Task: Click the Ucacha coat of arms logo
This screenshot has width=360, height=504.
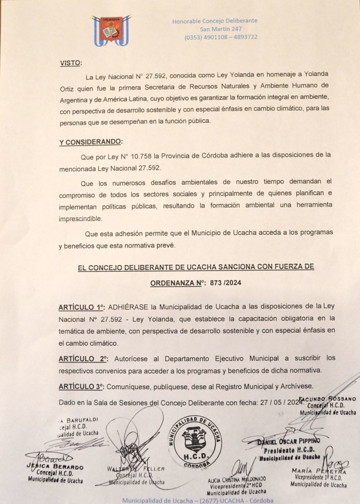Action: tap(111, 31)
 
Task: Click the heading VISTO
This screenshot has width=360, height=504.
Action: tap(70, 63)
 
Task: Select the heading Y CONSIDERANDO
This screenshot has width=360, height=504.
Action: tap(91, 142)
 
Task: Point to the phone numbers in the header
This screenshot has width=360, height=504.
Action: tap(220, 37)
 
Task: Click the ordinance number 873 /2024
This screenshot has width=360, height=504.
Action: tap(226, 283)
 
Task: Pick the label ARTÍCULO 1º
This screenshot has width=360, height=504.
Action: tap(82, 307)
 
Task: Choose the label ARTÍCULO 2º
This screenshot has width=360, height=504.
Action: tap(83, 359)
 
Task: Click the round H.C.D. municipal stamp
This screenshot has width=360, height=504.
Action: tap(195, 441)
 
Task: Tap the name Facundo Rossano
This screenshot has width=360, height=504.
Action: tap(327, 399)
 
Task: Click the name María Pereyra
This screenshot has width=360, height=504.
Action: tap(319, 471)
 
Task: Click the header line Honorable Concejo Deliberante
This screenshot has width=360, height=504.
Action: tap(215, 21)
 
